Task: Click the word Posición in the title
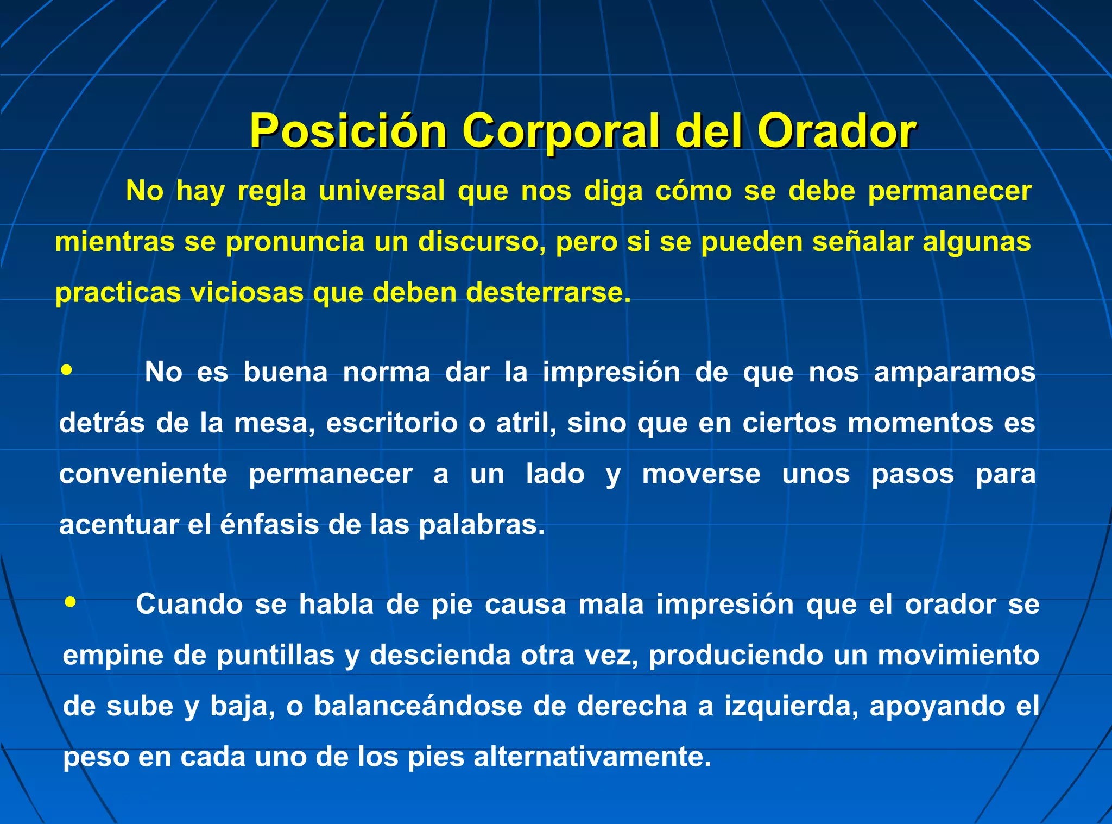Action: click(x=348, y=131)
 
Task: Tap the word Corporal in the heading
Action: click(x=560, y=131)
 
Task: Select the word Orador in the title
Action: click(x=837, y=131)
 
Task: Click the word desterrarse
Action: click(x=548, y=293)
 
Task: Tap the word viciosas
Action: click(x=247, y=293)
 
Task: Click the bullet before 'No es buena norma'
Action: click(x=67, y=370)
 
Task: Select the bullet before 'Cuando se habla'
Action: click(x=70, y=602)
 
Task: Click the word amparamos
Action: click(x=955, y=373)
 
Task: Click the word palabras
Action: click(x=481, y=525)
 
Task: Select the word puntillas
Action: click(x=275, y=655)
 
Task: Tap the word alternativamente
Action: click(x=592, y=757)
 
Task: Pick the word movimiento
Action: click(x=958, y=655)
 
